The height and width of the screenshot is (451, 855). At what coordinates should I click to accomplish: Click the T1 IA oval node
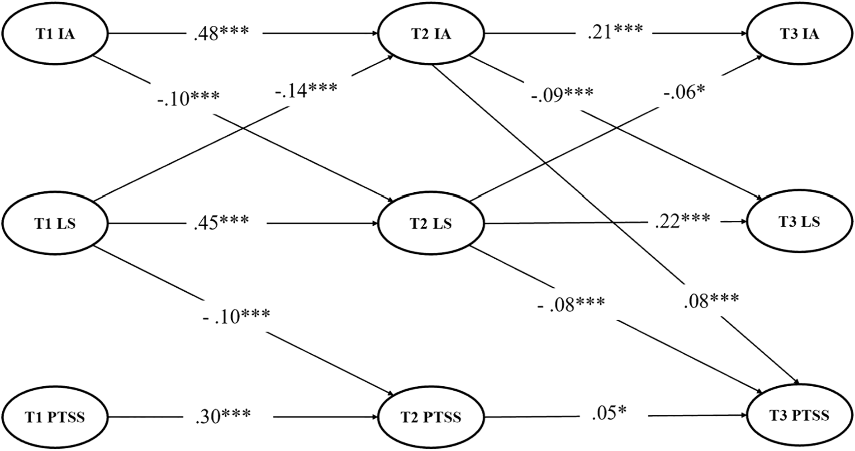pos(55,34)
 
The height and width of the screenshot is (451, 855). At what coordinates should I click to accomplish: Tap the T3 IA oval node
pos(800,34)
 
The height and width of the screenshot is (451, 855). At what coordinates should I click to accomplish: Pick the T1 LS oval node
pos(55,223)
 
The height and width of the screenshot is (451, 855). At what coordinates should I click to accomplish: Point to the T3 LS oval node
pos(800,222)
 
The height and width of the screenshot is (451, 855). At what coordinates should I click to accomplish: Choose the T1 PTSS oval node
pos(55,416)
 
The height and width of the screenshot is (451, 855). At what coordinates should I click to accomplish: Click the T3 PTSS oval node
pos(800,415)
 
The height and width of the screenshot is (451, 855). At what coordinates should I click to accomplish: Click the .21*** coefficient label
pos(615,32)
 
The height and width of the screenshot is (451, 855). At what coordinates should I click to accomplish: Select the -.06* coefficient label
pos(684,93)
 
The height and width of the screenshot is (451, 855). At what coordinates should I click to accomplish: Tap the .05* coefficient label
pos(611,413)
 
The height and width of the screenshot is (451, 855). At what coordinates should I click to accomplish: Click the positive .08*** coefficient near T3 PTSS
pos(711,300)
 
